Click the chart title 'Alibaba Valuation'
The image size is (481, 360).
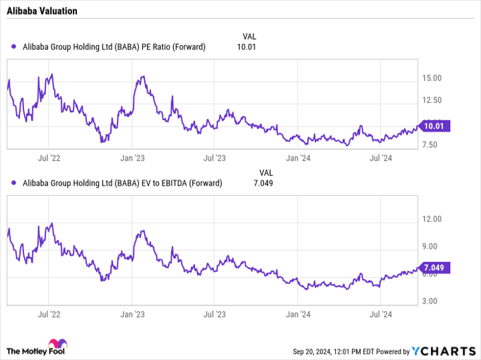(x=42, y=12)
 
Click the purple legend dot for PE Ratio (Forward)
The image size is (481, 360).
(x=15, y=47)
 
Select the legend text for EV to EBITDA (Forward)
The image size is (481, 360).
(x=123, y=183)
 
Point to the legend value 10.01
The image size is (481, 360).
(x=245, y=47)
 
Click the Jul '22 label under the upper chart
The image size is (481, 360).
(x=49, y=158)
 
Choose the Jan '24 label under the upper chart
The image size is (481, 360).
(x=297, y=158)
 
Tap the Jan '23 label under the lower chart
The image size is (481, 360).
(x=131, y=313)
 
